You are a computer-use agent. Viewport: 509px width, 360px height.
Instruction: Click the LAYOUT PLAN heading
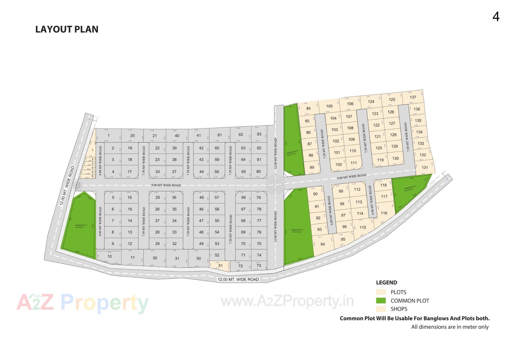click(67, 29)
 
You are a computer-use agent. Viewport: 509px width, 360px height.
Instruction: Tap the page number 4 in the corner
click(496, 17)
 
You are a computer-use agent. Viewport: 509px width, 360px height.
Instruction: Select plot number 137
click(413, 97)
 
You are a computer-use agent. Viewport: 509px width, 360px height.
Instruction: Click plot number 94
click(323, 244)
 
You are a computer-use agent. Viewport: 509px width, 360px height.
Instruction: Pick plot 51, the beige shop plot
click(220, 266)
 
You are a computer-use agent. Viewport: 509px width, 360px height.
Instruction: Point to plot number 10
click(109, 256)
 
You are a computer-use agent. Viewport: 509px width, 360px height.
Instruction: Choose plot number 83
click(259, 134)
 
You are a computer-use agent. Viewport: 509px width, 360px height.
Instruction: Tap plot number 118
click(383, 185)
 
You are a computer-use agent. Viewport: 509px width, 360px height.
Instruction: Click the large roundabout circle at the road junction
click(275, 185)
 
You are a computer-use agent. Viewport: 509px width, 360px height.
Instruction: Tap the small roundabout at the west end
click(77, 185)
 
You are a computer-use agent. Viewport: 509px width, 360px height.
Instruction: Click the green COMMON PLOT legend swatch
click(381, 301)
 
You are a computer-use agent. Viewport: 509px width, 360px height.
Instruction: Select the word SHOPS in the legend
click(399, 309)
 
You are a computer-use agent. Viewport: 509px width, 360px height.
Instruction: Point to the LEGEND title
click(387, 283)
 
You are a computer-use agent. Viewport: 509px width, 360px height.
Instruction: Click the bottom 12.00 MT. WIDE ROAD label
click(238, 279)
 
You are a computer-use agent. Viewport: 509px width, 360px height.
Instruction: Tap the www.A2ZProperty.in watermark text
click(287, 301)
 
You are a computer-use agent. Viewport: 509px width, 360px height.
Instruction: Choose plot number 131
click(425, 167)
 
